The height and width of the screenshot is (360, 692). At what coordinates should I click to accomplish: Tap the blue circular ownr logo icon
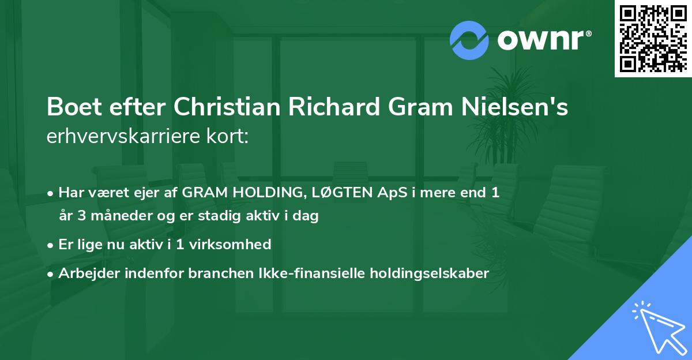469,40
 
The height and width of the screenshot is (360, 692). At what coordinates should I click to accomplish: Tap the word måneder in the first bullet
114,217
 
